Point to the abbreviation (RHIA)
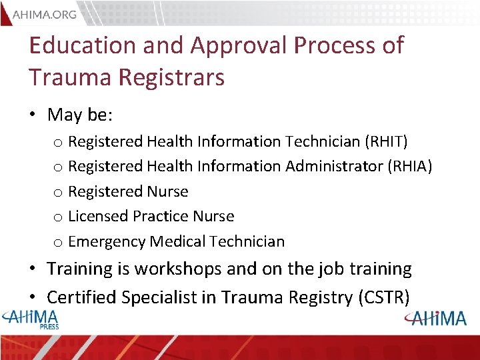[x=409, y=166]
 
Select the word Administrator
[x=334, y=166]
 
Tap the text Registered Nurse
[x=128, y=191]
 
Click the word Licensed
[x=98, y=216]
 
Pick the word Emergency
[x=107, y=242]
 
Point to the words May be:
[x=80, y=115]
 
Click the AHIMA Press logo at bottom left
[x=31, y=318]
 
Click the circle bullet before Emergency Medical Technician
[x=57, y=242]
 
